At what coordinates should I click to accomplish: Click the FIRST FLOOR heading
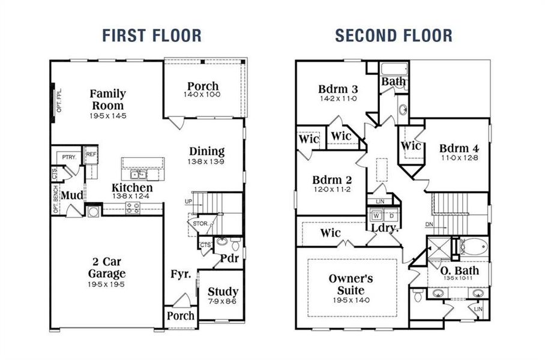coord(152,35)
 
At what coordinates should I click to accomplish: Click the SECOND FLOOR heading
coord(394,35)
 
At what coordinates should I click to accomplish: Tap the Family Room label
coord(108,100)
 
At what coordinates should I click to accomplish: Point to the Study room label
coord(223,292)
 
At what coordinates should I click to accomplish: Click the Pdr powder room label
coord(229,259)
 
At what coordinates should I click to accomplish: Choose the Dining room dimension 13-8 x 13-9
coord(206,162)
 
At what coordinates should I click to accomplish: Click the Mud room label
coord(72,196)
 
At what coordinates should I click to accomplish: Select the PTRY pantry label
coord(67,157)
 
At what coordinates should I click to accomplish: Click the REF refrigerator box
coord(91,154)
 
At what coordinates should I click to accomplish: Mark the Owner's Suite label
coord(351,284)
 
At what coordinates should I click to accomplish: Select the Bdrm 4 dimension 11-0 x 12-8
coord(457,158)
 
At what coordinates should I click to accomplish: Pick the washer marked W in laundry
coord(376,215)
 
